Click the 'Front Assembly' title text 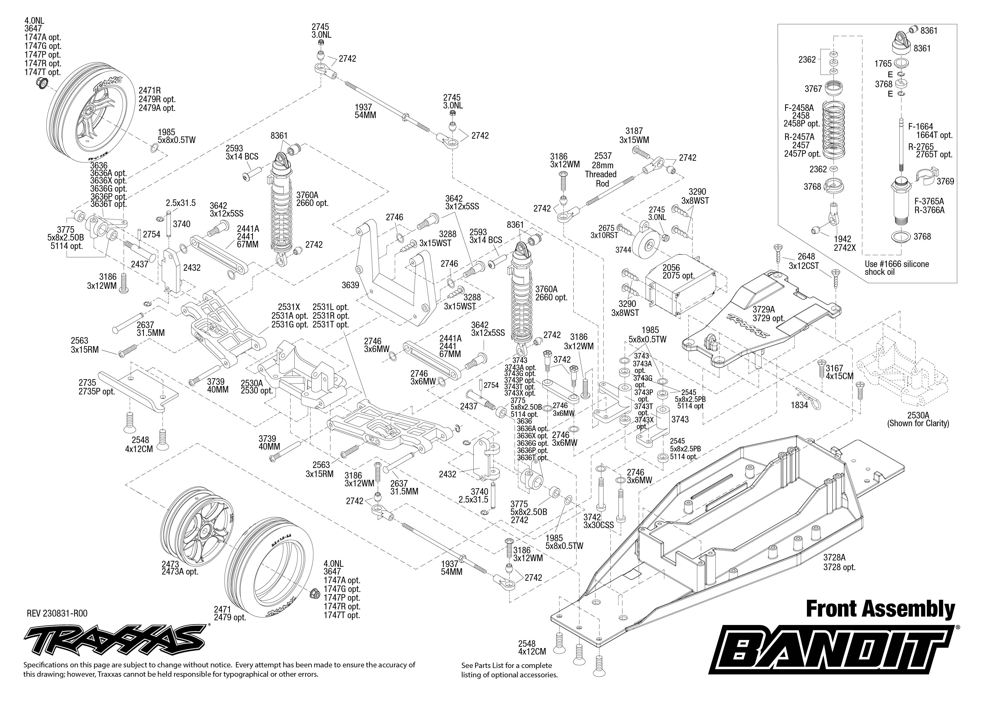click(x=880, y=609)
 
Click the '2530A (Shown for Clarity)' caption click(x=918, y=419)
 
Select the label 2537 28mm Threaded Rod click(x=600, y=169)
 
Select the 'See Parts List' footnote click(x=509, y=670)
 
